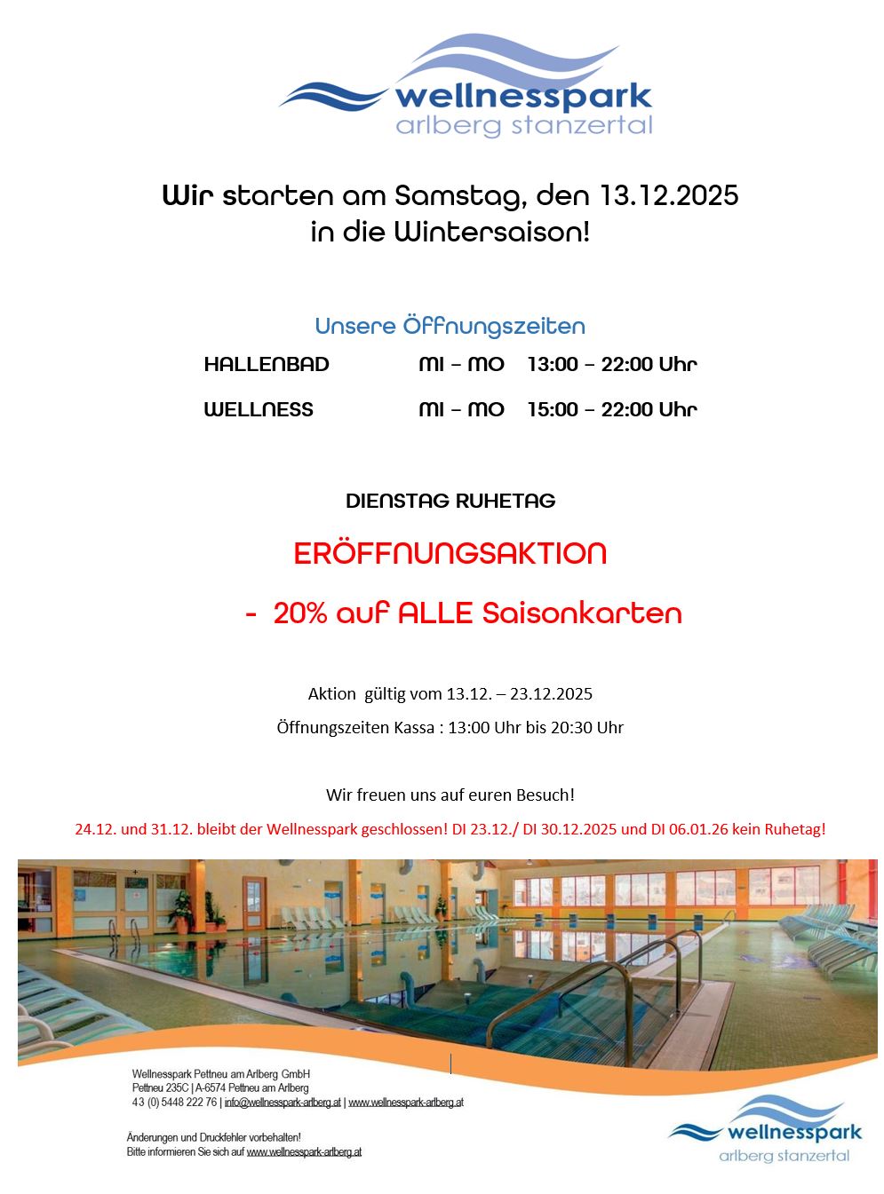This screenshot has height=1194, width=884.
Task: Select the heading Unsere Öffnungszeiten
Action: click(x=450, y=326)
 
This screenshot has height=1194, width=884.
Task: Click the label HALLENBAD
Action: click(x=267, y=364)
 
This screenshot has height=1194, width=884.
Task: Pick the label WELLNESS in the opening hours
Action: click(x=259, y=409)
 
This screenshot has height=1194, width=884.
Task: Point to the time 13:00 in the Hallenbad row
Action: click(x=552, y=364)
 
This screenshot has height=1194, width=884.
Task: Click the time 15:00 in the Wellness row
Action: click(x=552, y=409)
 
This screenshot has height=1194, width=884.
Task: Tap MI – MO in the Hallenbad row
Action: click(x=461, y=364)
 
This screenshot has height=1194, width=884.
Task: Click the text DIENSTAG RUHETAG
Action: click(x=450, y=501)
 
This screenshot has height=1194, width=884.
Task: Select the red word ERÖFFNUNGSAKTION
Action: click(x=450, y=553)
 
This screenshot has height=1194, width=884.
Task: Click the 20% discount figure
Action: click(x=300, y=613)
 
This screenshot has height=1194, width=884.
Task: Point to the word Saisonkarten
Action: click(x=582, y=613)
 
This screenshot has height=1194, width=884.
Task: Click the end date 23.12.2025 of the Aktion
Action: click(x=551, y=693)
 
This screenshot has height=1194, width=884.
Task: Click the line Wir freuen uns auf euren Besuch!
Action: click(x=450, y=795)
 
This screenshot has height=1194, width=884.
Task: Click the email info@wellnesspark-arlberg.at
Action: click(x=283, y=1103)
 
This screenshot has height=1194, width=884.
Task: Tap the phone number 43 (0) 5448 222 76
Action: click(x=174, y=1103)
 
